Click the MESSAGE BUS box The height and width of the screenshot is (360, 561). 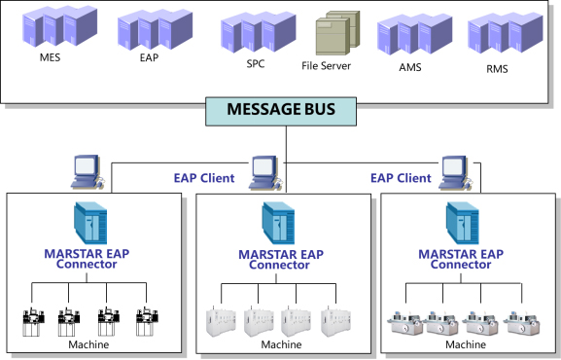281,111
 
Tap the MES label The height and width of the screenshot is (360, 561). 51,57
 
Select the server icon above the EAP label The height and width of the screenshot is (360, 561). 155,29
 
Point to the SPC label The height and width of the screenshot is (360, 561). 256,64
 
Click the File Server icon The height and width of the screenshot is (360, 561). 337,33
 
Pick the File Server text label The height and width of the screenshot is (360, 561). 326,65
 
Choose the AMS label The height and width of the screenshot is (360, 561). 410,67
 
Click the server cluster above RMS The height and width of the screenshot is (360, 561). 506,32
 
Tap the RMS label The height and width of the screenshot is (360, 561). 497,68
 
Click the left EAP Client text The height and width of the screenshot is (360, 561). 204,178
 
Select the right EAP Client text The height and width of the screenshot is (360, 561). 401,178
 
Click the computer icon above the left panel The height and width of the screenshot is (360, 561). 88,171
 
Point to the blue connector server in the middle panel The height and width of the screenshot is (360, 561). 278,223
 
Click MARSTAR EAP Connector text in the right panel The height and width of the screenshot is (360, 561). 461,259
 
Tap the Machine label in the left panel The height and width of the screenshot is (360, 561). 88,344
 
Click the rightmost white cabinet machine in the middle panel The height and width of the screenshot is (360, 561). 335,321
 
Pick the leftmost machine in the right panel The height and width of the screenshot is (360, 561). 405,322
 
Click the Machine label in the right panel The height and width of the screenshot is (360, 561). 466,344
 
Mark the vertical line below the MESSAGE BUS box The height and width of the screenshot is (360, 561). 286,159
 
